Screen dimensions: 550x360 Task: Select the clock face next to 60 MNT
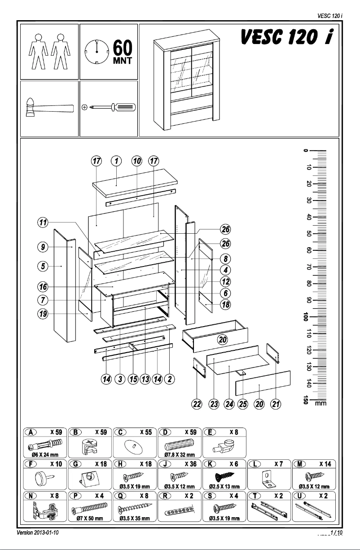[97, 52]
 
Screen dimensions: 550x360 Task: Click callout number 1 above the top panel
[116, 161]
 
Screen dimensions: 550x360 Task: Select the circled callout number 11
[43, 222]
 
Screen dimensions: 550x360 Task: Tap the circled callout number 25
[243, 404]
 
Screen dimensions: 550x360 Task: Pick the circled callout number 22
[197, 404]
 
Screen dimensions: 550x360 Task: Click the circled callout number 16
[43, 286]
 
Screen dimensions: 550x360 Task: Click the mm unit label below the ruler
[320, 403]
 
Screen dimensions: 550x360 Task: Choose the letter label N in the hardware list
[30, 496]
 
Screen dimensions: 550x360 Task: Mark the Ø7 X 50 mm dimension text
[90, 519]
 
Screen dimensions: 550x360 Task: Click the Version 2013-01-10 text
[38, 533]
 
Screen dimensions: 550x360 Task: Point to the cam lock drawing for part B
[90, 445]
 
